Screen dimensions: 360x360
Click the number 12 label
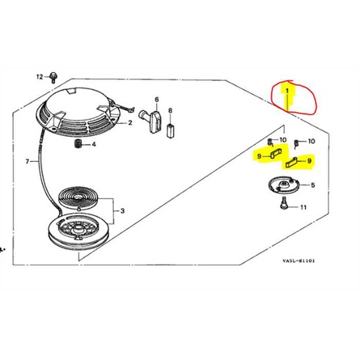pyautogui.click(x=40, y=75)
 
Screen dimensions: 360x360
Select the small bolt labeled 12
pyautogui.click(x=54, y=75)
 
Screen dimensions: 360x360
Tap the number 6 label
pyautogui.click(x=156, y=99)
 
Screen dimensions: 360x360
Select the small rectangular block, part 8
pyautogui.click(x=174, y=128)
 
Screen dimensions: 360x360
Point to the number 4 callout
pyautogui.click(x=94, y=145)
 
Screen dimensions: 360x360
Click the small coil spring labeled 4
pyautogui.click(x=78, y=144)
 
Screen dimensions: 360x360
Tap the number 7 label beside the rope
pyautogui.click(x=27, y=162)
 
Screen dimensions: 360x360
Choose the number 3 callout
pyautogui.click(x=122, y=210)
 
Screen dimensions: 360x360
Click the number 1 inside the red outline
pyautogui.click(x=287, y=91)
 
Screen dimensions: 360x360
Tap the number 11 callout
pyautogui.click(x=303, y=207)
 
